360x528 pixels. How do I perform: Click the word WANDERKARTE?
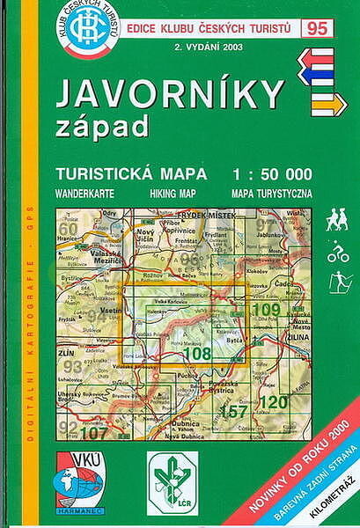[x=84, y=191]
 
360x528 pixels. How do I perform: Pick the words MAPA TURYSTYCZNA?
[x=272, y=191]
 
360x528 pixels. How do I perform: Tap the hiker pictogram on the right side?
[x=336, y=220]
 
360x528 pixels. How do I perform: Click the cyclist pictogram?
[x=337, y=254]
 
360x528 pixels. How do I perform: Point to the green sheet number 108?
[x=196, y=354]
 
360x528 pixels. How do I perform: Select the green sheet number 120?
[x=275, y=402]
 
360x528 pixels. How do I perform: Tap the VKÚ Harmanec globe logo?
[x=79, y=480]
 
